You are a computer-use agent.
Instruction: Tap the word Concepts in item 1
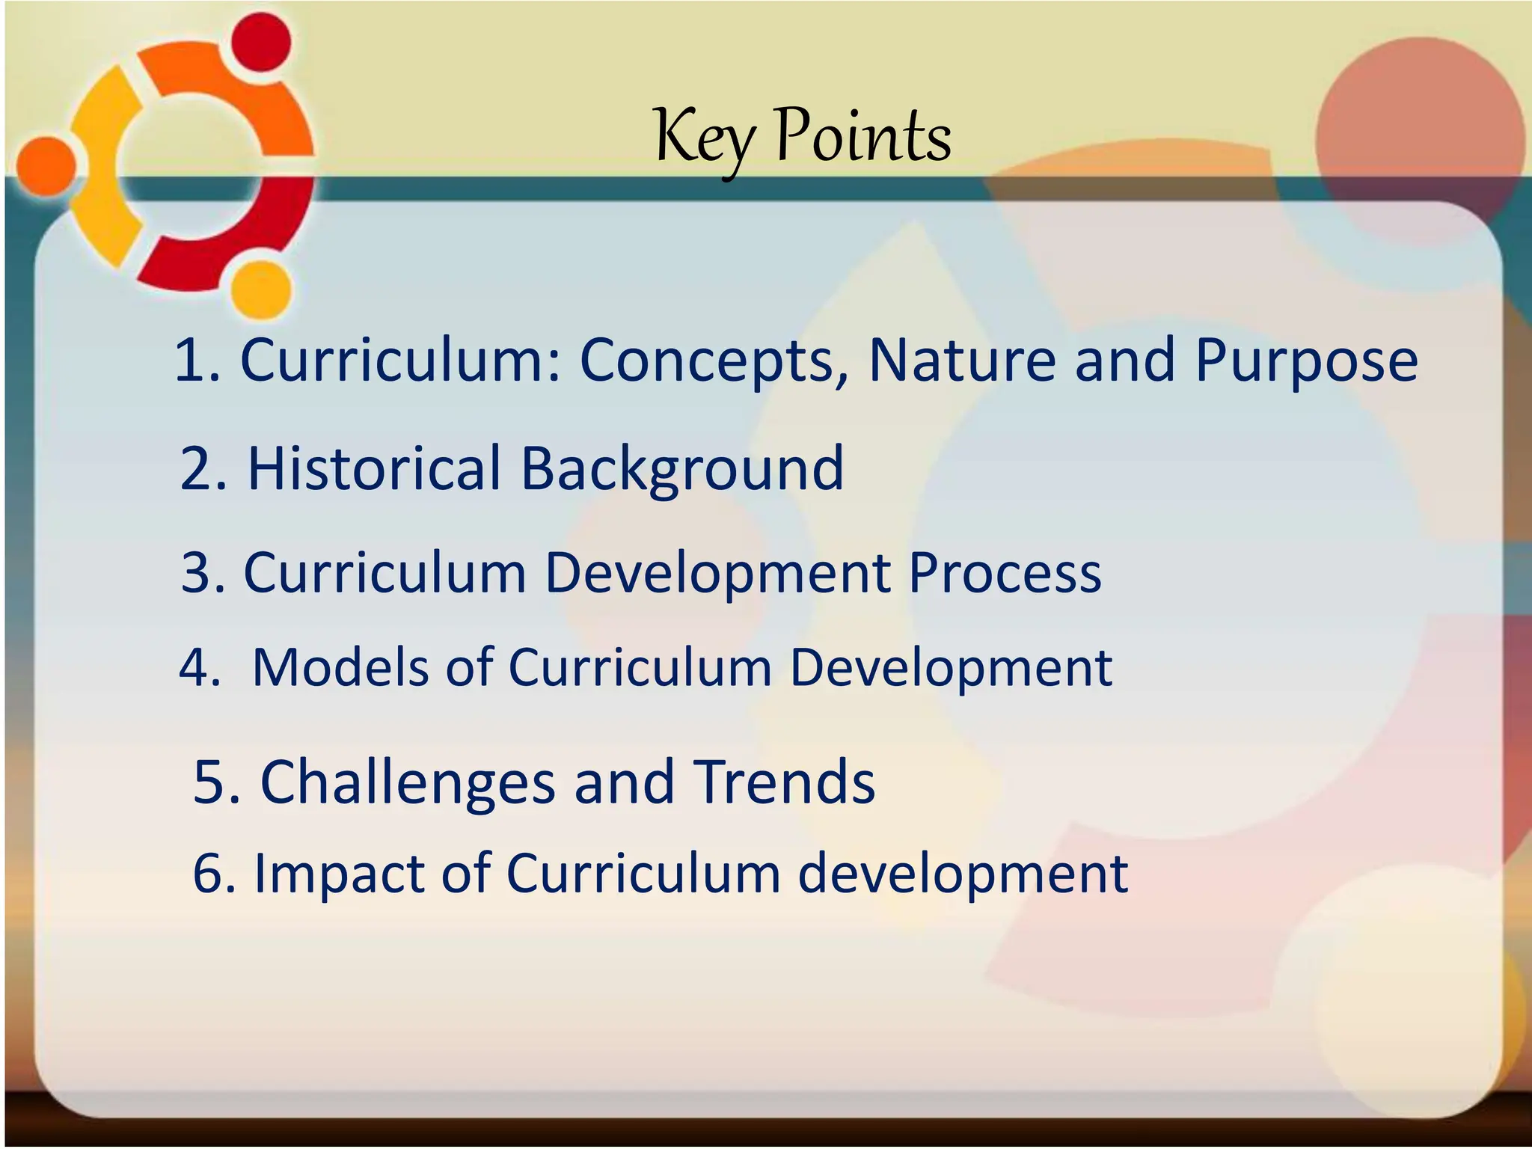point(715,361)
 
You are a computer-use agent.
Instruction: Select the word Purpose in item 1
point(1306,361)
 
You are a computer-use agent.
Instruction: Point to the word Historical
point(374,469)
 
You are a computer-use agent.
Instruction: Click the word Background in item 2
point(681,470)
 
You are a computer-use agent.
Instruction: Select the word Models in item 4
point(340,667)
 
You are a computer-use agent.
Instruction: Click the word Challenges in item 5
point(408,782)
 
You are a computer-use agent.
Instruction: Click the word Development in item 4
point(951,667)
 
